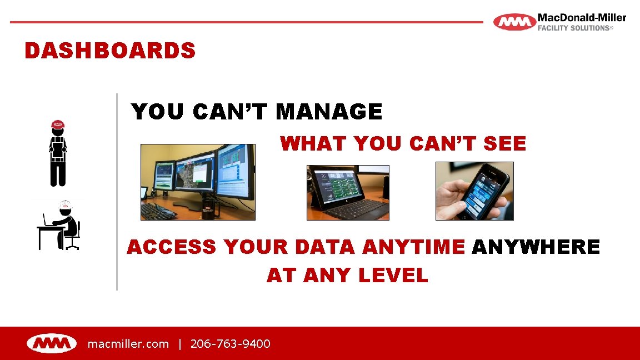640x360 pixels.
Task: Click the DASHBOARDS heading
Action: point(110,51)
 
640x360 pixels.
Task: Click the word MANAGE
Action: point(329,112)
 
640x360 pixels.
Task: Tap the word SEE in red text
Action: point(504,144)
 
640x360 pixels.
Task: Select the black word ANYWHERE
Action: point(536,247)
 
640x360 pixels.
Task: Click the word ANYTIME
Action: point(413,247)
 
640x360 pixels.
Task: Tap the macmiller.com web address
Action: point(128,344)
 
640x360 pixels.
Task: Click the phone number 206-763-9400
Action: point(231,344)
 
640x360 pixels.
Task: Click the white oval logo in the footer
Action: point(52,344)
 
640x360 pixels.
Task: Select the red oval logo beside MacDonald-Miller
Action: point(514,22)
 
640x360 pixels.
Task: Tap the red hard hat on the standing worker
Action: point(58,124)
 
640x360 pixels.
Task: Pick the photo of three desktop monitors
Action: point(198,182)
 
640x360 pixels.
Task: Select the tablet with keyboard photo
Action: point(348,192)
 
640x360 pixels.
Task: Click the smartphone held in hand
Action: point(481,189)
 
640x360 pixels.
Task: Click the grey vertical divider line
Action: point(117,192)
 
